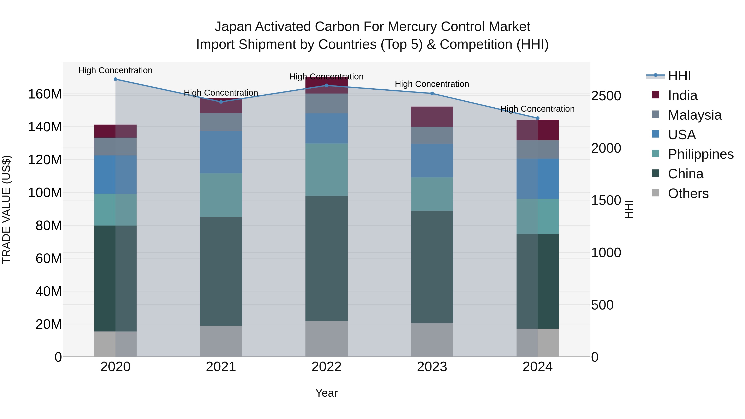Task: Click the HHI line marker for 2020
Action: coord(115,79)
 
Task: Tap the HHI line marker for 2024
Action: coord(538,118)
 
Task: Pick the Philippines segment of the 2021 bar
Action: coord(221,195)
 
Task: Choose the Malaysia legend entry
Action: coord(694,115)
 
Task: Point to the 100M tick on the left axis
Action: coord(45,193)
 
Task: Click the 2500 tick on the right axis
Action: coord(606,96)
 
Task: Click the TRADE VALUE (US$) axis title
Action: coord(6,209)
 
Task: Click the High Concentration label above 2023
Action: coord(432,84)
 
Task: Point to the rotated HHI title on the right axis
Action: coord(629,209)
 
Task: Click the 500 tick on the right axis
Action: coord(602,305)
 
